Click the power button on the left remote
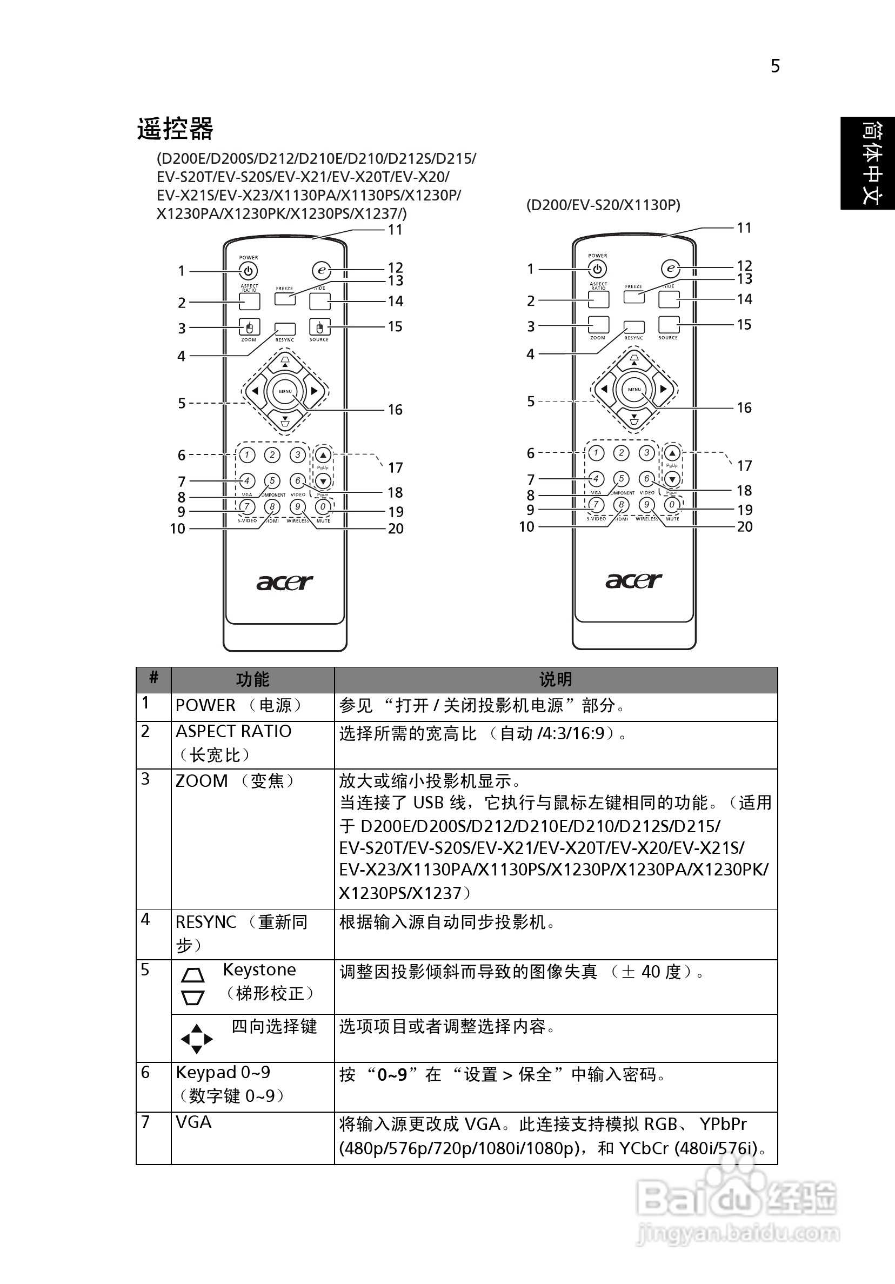pos(249,271)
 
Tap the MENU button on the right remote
pos(634,389)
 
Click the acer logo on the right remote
pos(634,580)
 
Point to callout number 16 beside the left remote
pos(395,410)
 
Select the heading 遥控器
pos(175,129)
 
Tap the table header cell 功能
pos(252,679)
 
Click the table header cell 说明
pos(556,679)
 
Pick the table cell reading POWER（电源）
pos(239,706)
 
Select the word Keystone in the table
pos(259,969)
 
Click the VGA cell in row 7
pos(193,1122)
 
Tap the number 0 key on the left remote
pos(323,507)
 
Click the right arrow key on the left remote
pos(315,391)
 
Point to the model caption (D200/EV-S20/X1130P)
pos(603,205)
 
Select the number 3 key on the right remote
pos(646,452)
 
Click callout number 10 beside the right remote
pos(526,527)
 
